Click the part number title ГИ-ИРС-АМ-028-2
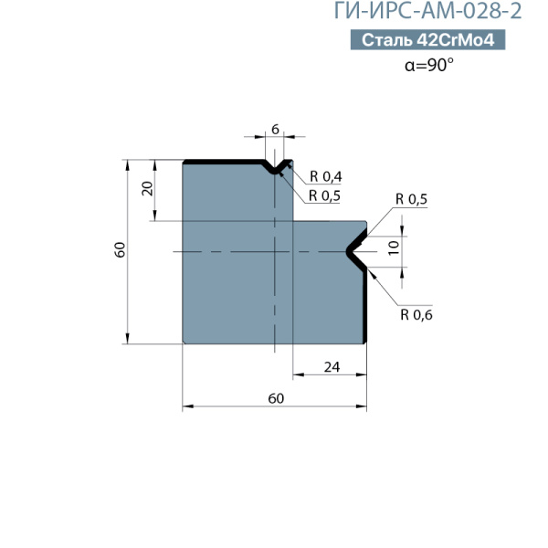pos(427,11)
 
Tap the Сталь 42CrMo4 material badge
pos(427,40)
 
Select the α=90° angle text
pos(429,65)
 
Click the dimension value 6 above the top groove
pos(276,130)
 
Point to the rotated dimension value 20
pos(148,189)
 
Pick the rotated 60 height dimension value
pos(120,249)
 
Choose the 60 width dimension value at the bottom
pos(276,398)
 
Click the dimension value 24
pos(332,367)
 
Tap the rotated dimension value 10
pos(394,248)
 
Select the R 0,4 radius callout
pos(326,177)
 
